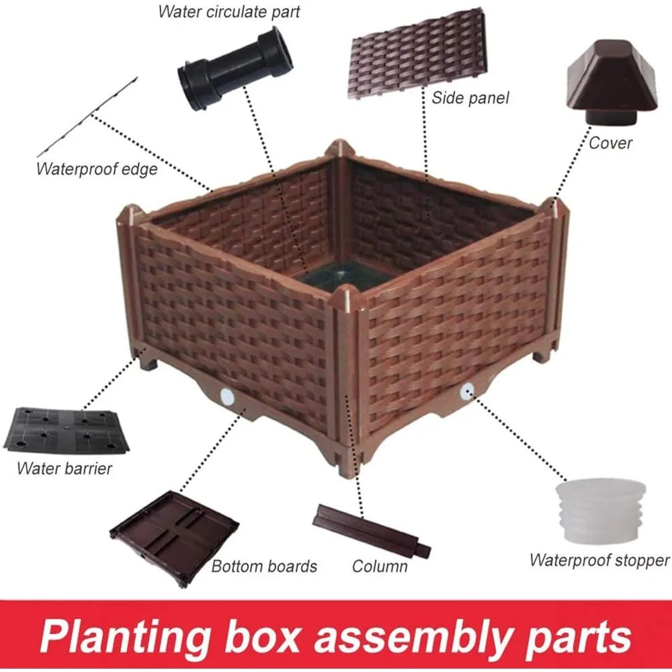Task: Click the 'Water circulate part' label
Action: (229, 11)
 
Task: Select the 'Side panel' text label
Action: (470, 98)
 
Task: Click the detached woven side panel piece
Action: (417, 53)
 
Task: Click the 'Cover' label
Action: (610, 142)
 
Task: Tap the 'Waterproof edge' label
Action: (97, 169)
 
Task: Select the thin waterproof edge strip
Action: (87, 117)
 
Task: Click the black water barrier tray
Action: (67, 430)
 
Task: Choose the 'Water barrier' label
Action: (65, 468)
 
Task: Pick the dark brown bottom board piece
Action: (175, 538)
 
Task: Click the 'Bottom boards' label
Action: (264, 566)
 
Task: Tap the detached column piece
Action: (372, 532)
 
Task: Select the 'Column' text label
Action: (379, 566)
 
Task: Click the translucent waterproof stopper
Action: (600, 511)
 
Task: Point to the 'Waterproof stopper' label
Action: (599, 560)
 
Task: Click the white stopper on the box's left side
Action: (226, 397)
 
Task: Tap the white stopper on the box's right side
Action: (467, 391)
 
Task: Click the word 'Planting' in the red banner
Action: (126, 637)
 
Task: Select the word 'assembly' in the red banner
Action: (414, 637)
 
